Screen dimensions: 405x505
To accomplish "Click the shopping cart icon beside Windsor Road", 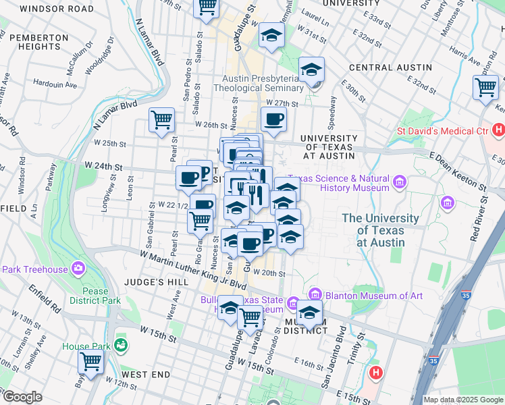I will (x=207, y=7).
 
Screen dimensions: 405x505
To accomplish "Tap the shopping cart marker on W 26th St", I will (x=161, y=121).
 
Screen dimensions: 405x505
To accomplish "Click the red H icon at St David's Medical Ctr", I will (x=498, y=129).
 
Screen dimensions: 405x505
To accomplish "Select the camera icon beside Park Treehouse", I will (x=79, y=269).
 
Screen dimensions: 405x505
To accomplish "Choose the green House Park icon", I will (x=122, y=346).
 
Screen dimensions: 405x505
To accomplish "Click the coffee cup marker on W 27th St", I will (x=273, y=120).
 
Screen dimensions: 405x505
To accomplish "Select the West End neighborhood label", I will (x=146, y=374).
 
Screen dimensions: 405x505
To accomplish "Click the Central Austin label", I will (x=390, y=67).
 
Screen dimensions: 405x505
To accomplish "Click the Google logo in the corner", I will (x=22, y=397).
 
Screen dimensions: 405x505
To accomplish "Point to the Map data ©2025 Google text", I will (x=462, y=400).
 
